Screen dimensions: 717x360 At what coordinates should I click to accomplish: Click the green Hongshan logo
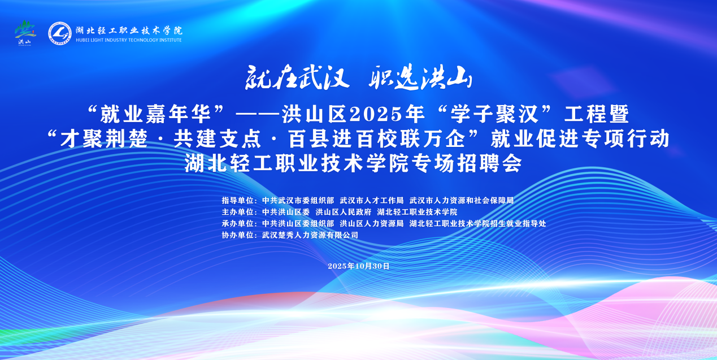point(25,33)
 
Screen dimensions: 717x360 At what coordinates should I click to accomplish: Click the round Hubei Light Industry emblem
point(60,33)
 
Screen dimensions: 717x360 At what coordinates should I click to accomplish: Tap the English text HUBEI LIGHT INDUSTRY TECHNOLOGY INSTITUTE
point(129,40)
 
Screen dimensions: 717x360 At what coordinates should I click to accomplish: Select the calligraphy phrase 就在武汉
point(297,77)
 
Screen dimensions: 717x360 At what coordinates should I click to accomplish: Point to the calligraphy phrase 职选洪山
point(420,77)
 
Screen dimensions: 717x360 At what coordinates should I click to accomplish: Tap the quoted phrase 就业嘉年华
point(155,114)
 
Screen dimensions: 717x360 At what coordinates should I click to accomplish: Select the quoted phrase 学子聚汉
point(494,114)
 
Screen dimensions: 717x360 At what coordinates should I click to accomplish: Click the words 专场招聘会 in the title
point(467,163)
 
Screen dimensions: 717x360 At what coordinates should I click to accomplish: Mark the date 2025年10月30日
point(358,266)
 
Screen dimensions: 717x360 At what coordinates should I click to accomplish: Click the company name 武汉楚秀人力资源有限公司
point(310,235)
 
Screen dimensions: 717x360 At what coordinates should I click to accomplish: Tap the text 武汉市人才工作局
point(372,201)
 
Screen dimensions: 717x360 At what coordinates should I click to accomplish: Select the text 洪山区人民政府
point(344,212)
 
